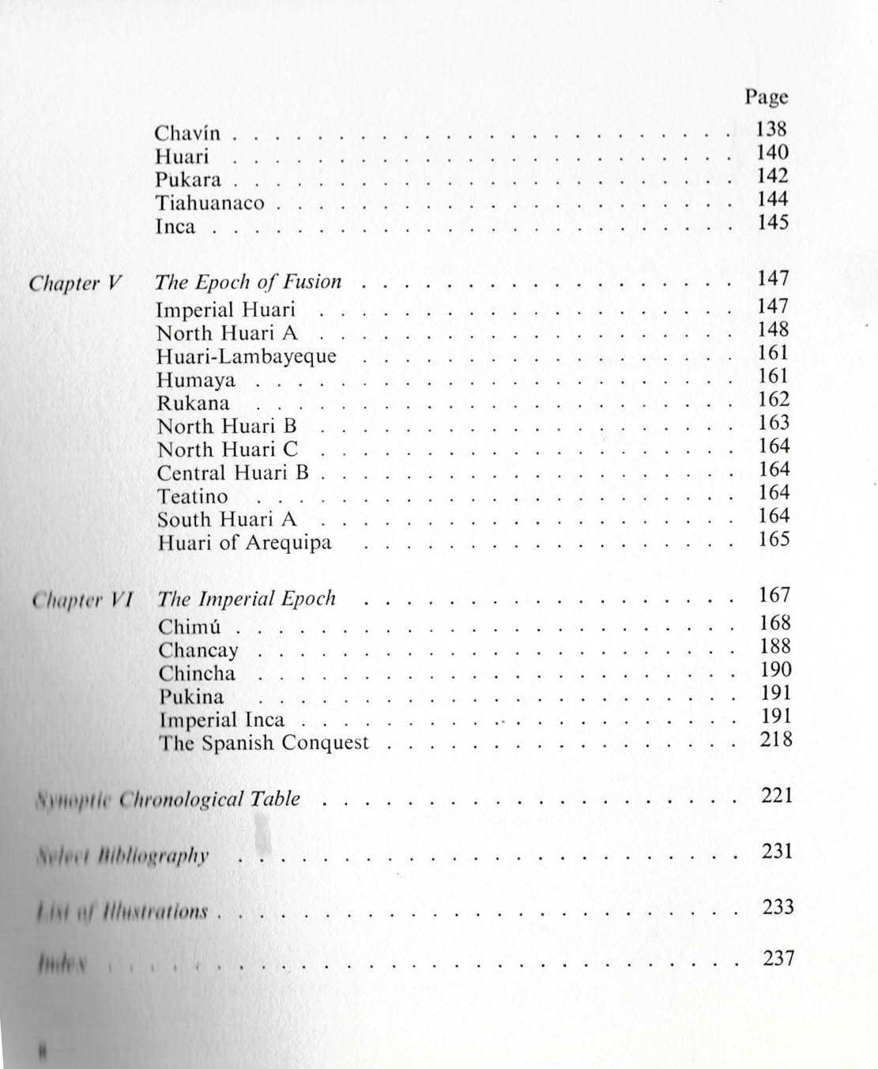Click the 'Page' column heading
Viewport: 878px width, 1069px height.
pos(766,98)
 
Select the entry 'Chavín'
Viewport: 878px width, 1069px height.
pos(187,133)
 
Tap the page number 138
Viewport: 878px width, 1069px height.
pos(771,129)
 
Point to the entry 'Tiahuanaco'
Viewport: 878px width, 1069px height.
pos(209,203)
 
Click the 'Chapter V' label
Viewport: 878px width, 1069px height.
pos(76,284)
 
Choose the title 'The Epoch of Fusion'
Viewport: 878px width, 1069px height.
pos(248,282)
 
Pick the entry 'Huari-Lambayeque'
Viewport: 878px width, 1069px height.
pos(247,356)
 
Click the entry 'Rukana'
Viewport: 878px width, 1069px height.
pos(193,403)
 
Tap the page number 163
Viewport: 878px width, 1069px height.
pos(774,423)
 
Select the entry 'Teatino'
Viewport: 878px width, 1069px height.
pos(192,497)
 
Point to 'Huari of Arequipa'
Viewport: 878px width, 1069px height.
pos(244,543)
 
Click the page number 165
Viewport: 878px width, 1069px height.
pos(774,540)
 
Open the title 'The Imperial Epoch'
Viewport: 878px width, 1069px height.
pos(247,599)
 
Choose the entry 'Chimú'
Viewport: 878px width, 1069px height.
pos(189,627)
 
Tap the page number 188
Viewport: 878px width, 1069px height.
pos(774,646)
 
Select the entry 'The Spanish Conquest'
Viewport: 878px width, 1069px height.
pos(263,743)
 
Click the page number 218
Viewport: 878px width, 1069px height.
pos(775,740)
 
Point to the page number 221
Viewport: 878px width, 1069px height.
pos(776,796)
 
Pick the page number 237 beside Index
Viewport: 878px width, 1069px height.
pos(778,958)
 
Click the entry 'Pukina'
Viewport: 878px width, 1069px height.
pos(190,697)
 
